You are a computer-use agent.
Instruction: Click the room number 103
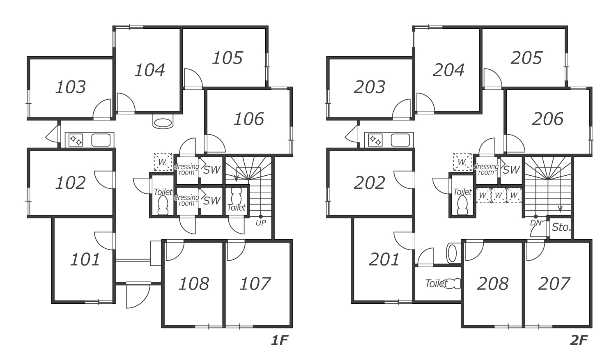coord(71,87)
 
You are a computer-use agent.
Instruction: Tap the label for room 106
coord(249,119)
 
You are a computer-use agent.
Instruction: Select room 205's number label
coord(526,58)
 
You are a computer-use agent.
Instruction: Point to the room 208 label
coord(493,284)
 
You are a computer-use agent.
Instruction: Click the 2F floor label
coord(579,340)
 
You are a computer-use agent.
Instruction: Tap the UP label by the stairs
coord(261,223)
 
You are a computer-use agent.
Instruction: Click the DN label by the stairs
coord(536,223)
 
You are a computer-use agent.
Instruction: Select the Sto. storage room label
coord(561,227)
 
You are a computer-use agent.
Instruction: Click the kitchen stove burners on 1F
coord(76,140)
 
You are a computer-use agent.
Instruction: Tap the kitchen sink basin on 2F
coord(400,140)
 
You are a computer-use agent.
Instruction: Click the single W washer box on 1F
coord(163,162)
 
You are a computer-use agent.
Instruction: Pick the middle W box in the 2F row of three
coord(499,195)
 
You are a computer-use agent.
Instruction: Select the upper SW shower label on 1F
coord(212,170)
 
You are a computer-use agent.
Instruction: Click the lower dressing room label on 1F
coord(187,200)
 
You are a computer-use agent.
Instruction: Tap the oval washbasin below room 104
coord(163,123)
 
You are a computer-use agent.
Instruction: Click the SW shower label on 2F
coord(511,170)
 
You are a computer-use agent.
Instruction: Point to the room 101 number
coord(85,259)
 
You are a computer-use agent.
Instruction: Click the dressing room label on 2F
coord(486,170)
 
